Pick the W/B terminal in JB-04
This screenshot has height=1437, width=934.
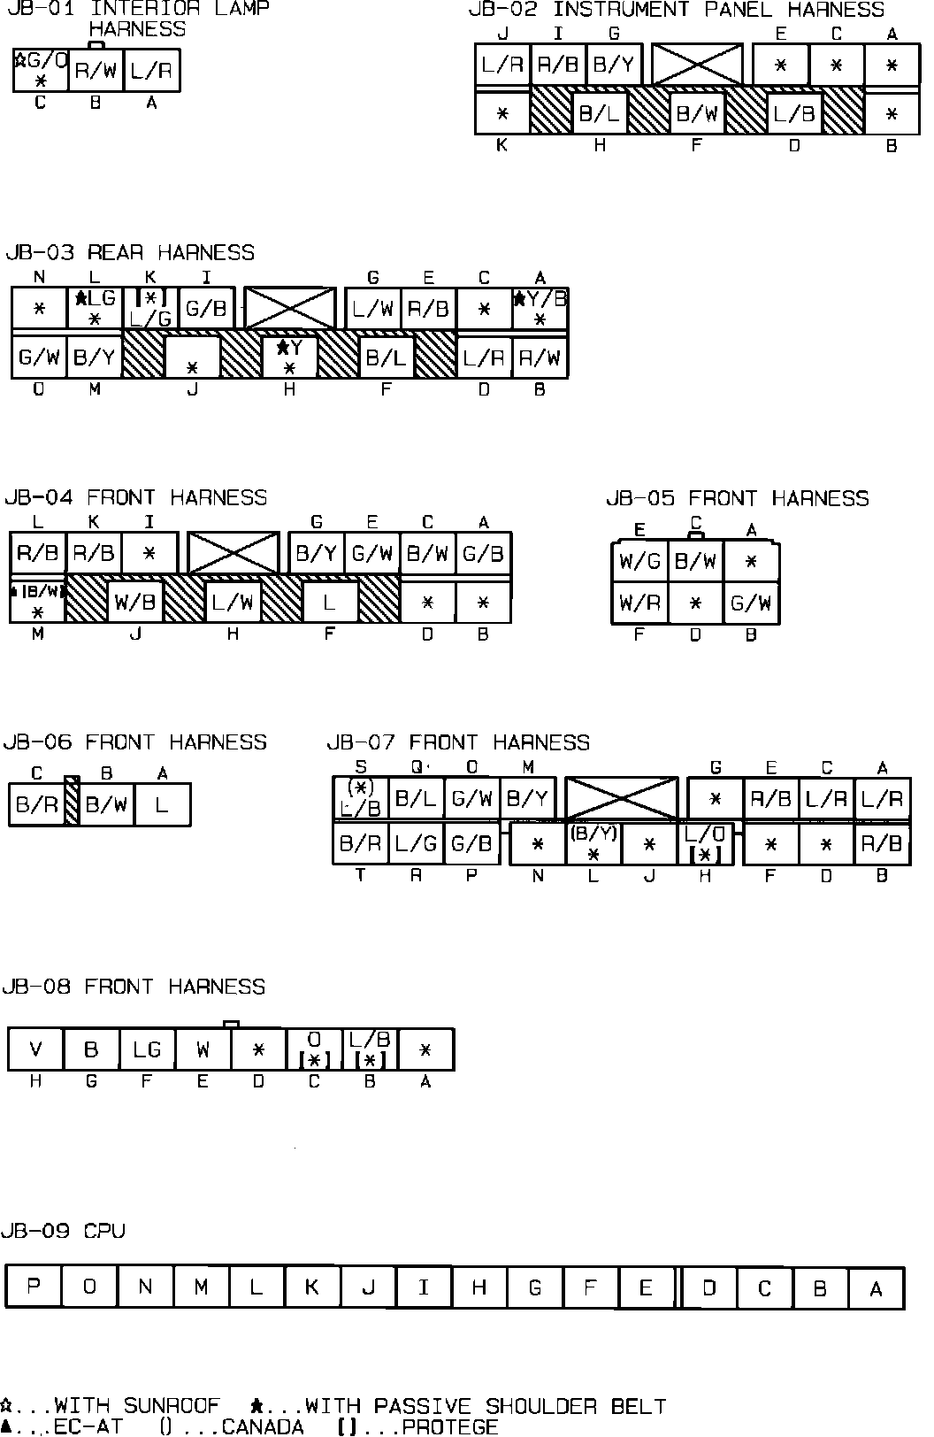[x=135, y=603]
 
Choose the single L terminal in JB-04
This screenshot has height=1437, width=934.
[x=329, y=603]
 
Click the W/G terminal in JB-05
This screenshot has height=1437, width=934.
[x=639, y=561]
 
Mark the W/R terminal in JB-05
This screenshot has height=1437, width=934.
[x=639, y=603]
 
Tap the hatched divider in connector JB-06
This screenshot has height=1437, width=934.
[x=73, y=802]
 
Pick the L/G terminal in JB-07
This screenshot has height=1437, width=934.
[x=416, y=843]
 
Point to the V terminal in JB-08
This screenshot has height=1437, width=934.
[x=35, y=1049]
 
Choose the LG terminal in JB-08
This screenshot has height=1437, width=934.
[x=147, y=1049]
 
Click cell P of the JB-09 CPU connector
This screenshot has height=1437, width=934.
[x=34, y=1287]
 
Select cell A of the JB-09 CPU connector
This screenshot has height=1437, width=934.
[x=876, y=1288]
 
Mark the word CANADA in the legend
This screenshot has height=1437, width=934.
[x=263, y=1426]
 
